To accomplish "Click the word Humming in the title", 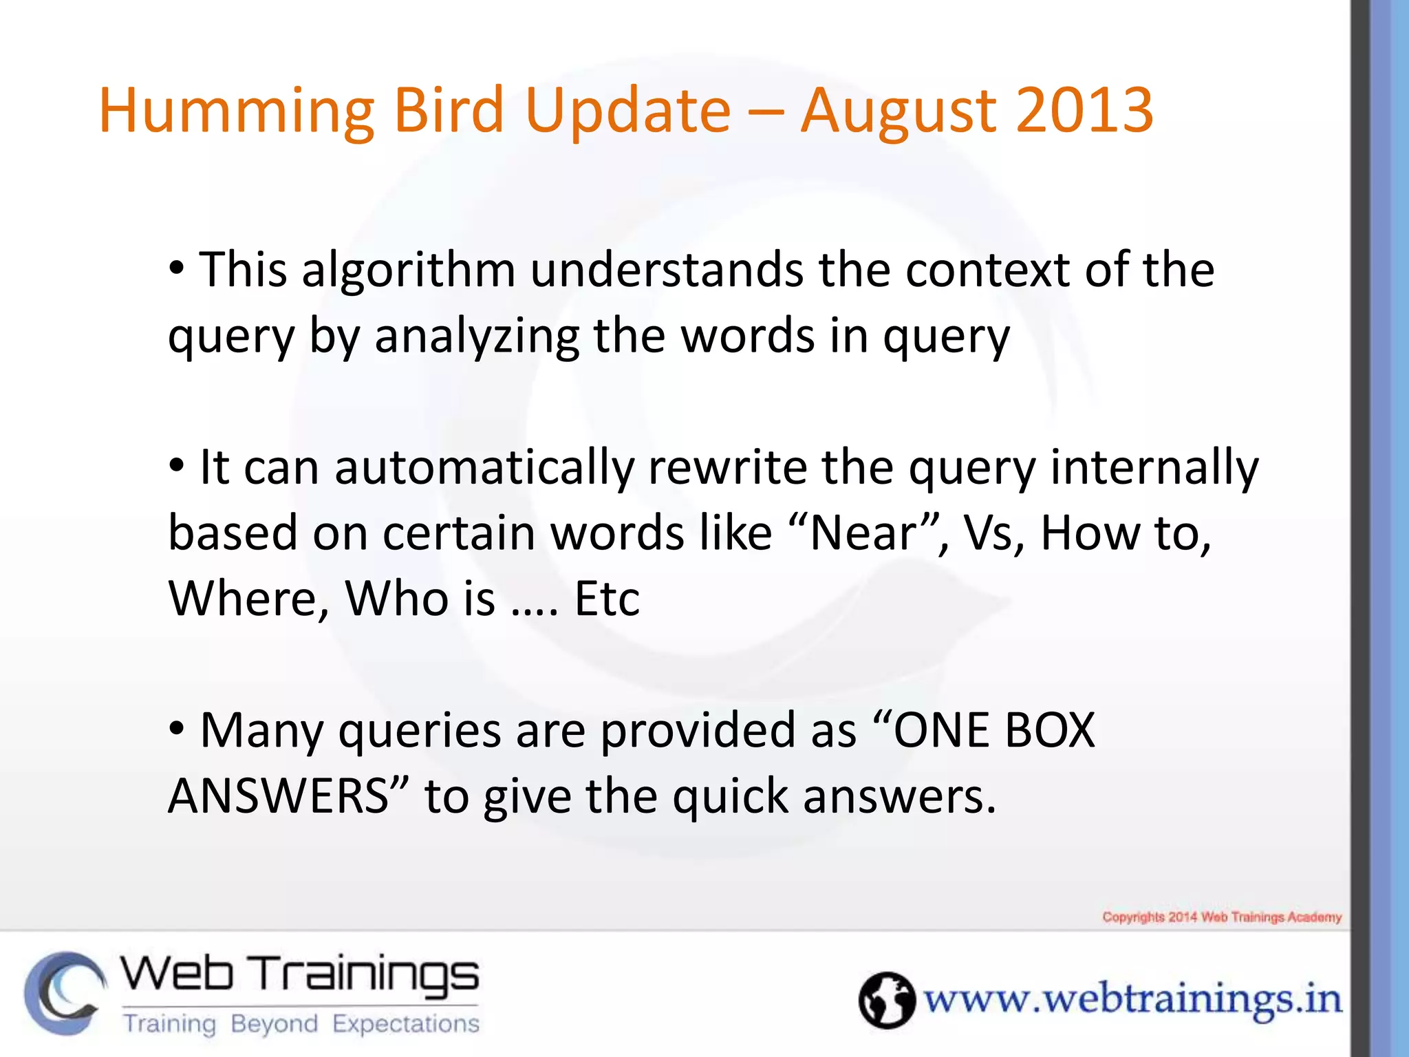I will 236,111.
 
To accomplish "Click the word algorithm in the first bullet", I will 408,270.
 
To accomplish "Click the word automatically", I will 484,468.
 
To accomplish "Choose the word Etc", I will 607,599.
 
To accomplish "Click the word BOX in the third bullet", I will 1050,731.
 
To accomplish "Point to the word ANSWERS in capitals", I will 279,797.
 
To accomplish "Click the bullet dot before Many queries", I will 177,728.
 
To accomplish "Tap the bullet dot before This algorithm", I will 177,268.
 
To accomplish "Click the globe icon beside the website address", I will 886,1000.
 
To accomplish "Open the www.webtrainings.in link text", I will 1132,1000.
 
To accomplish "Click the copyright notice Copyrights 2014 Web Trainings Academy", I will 1222,917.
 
